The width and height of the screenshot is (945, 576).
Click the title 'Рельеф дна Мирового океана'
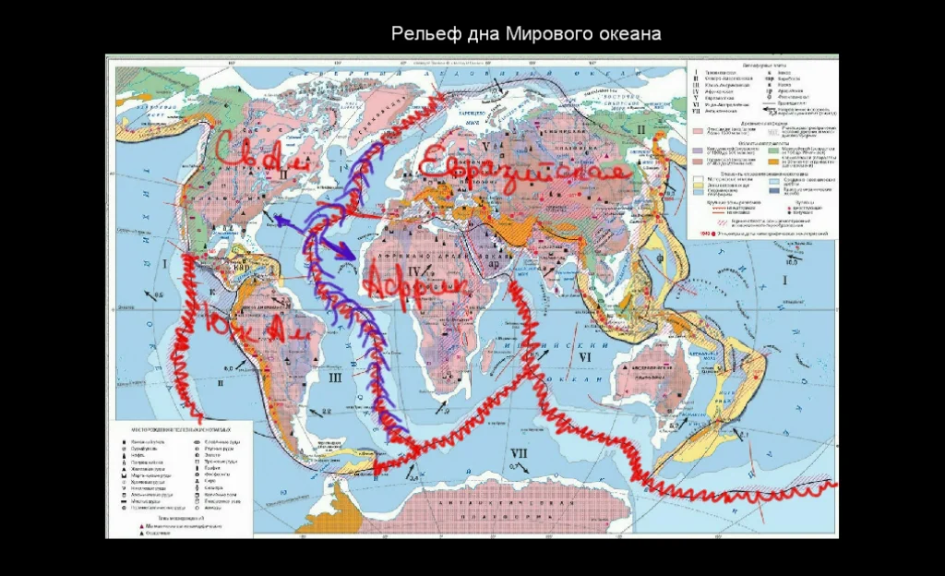(x=526, y=34)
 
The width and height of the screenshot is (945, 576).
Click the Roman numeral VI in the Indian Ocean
(x=583, y=356)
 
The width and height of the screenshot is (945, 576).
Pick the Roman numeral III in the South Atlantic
(x=335, y=377)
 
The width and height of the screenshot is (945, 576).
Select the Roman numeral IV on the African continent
(x=414, y=269)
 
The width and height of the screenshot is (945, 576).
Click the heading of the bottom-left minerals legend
(x=180, y=430)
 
